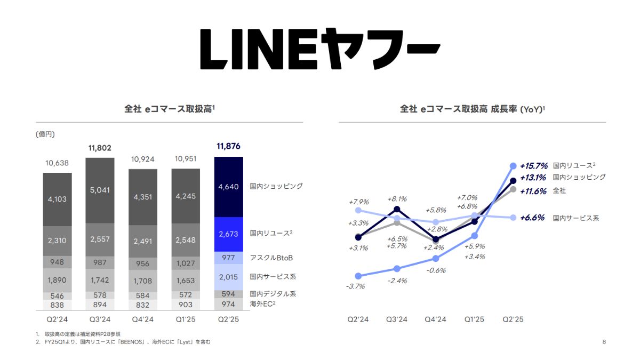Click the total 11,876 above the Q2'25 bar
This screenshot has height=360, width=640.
[x=228, y=146]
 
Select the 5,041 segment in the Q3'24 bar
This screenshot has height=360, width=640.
[x=100, y=190]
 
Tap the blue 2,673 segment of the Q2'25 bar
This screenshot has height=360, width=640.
[x=228, y=234]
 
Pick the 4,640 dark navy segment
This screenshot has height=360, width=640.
[x=228, y=187]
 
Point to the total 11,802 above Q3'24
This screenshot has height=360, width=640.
[x=100, y=148]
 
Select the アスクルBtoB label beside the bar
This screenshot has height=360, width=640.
[x=271, y=258]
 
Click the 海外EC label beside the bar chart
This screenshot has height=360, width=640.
[x=262, y=303]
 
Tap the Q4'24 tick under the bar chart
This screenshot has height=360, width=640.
[x=142, y=319]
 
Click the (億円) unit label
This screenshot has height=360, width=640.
[x=45, y=134]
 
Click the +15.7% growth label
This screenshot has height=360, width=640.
[x=534, y=166]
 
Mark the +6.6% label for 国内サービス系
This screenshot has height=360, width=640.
[x=532, y=218]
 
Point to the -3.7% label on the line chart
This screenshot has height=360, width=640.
[x=356, y=286]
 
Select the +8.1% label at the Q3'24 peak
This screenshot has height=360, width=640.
[x=396, y=198]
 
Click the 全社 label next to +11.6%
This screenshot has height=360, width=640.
[x=559, y=190]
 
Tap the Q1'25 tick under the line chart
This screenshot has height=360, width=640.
[x=474, y=319]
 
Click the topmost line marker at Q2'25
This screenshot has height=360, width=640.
[x=513, y=166]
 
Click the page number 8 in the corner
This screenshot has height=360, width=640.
[x=604, y=342]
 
